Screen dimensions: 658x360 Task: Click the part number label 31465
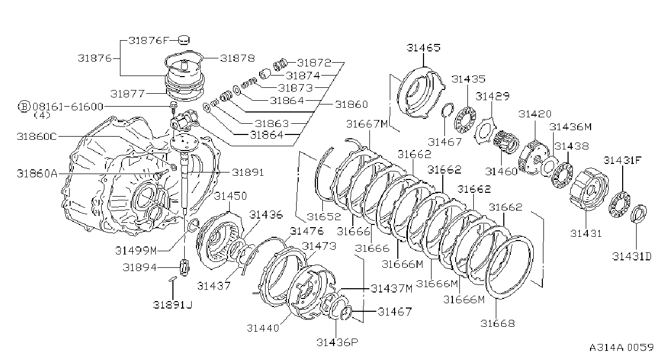pos(423,48)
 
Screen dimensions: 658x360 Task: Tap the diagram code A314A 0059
pos(621,348)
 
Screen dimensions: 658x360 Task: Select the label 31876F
pos(149,40)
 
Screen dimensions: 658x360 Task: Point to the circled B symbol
pos(25,107)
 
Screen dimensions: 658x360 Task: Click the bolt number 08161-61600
pos(68,107)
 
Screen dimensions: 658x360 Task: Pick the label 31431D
pos(632,257)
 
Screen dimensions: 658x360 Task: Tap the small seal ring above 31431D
pos(638,214)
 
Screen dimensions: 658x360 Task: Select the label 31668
pos(497,324)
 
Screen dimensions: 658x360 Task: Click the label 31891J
pos(172,305)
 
